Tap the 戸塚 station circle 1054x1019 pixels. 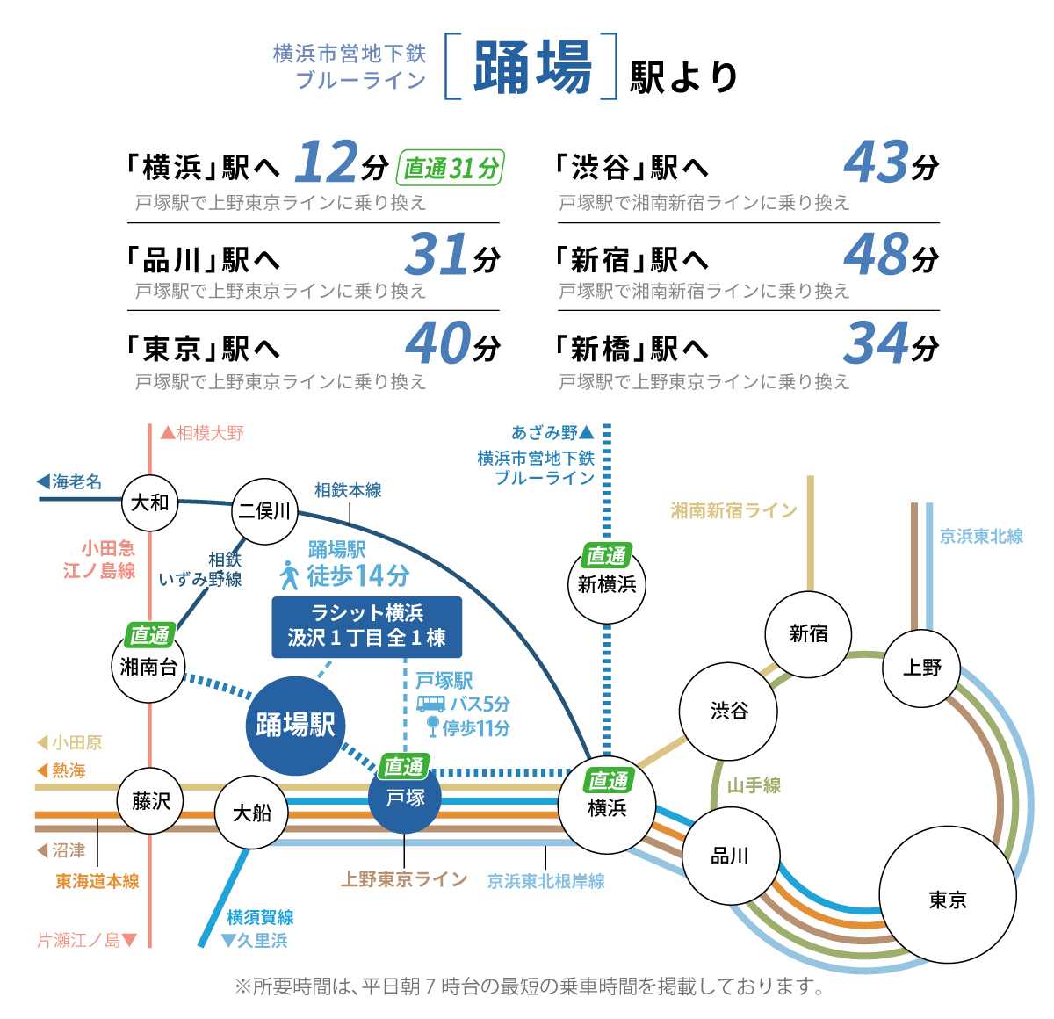pyautogui.click(x=404, y=797)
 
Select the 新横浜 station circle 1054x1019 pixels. pyautogui.click(x=606, y=584)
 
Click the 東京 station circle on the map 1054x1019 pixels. pyautogui.click(x=947, y=894)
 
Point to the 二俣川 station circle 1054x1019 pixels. pyautogui.click(x=264, y=510)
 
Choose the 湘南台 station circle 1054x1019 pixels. pyautogui.click(x=148, y=666)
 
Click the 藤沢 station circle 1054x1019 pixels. pyautogui.click(x=150, y=800)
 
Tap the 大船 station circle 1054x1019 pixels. pyautogui.click(x=251, y=812)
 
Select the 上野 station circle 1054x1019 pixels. pyautogui.click(x=920, y=668)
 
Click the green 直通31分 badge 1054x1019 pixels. pyautogui.click(x=450, y=168)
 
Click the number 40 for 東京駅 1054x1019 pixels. pyautogui.click(x=437, y=343)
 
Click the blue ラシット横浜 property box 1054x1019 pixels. pyautogui.click(x=366, y=627)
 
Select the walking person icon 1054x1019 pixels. pyautogui.click(x=289, y=575)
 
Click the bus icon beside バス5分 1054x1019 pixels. pyautogui.click(x=430, y=704)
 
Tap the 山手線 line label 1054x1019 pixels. pyautogui.click(x=753, y=785)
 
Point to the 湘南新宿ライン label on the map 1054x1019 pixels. pyautogui.click(x=733, y=509)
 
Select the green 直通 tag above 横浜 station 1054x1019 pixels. pyautogui.click(x=608, y=780)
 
